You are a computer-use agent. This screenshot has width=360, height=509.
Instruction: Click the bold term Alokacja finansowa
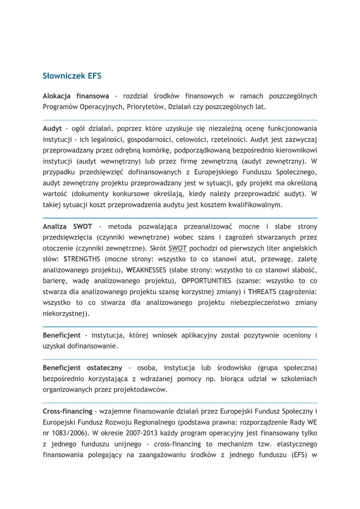pyautogui.click(x=76, y=95)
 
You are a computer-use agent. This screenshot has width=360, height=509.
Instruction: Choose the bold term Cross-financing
pyautogui.click(x=68, y=412)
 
